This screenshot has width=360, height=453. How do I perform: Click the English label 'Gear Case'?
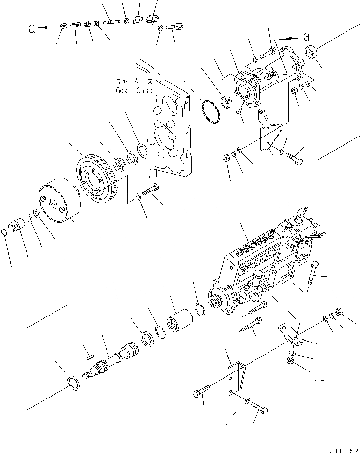coord(134,90)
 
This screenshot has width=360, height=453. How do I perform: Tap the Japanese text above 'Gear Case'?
coord(134,82)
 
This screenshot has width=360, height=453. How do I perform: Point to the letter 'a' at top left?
coord(32,28)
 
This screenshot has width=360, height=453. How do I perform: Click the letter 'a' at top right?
coord(306,35)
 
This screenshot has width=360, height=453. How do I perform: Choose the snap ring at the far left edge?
coord(4,232)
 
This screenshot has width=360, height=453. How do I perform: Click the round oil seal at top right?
coord(312,51)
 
